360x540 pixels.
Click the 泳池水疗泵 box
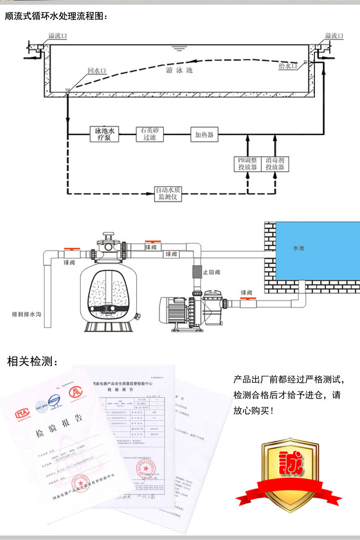[x=104, y=134]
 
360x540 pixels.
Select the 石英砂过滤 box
[x=149, y=134]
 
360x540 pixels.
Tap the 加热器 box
[x=204, y=134]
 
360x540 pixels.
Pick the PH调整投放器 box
[x=248, y=164]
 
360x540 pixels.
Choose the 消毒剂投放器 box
[x=275, y=164]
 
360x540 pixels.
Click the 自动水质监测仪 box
[x=168, y=194]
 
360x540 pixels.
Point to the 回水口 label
[x=96, y=70]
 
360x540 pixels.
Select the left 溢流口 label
[x=58, y=36]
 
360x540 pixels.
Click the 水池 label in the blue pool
[x=298, y=248]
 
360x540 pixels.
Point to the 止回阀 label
[x=211, y=272]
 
